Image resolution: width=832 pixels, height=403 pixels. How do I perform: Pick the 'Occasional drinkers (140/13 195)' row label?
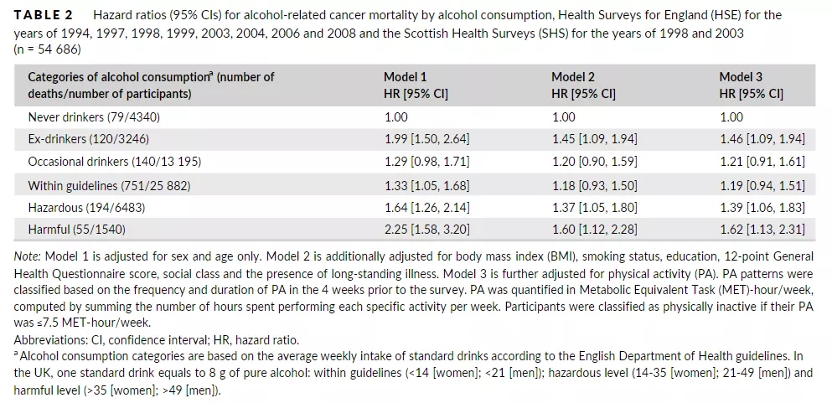pyautogui.click(x=115, y=161)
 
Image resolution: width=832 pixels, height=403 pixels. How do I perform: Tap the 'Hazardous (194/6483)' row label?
pyautogui.click(x=86, y=205)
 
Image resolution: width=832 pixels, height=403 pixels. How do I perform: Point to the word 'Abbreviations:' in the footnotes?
pyautogui.click(x=49, y=340)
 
